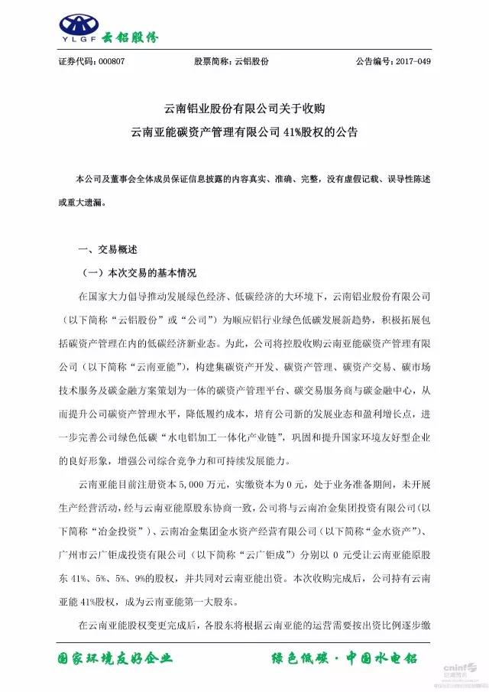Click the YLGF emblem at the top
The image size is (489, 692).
tap(82, 25)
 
